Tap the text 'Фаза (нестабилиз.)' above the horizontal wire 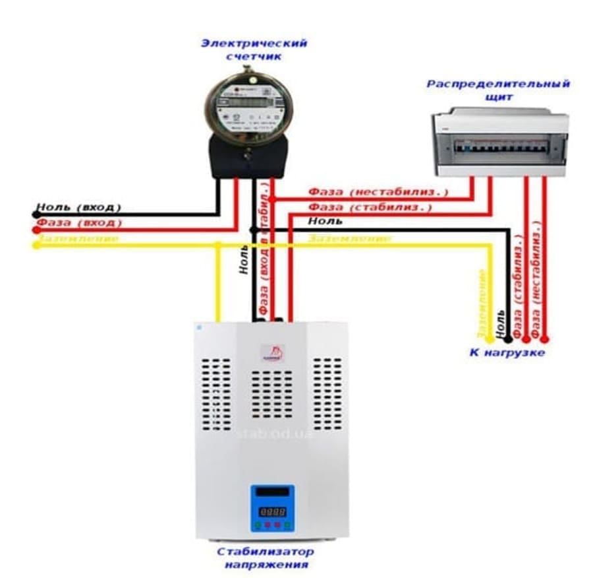(378, 192)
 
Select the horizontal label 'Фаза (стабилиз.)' (370, 207)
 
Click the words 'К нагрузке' (507, 353)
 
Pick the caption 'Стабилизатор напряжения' (266, 558)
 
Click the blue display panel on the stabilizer (271, 508)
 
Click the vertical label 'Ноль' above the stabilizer (244, 261)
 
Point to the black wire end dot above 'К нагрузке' (508, 338)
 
